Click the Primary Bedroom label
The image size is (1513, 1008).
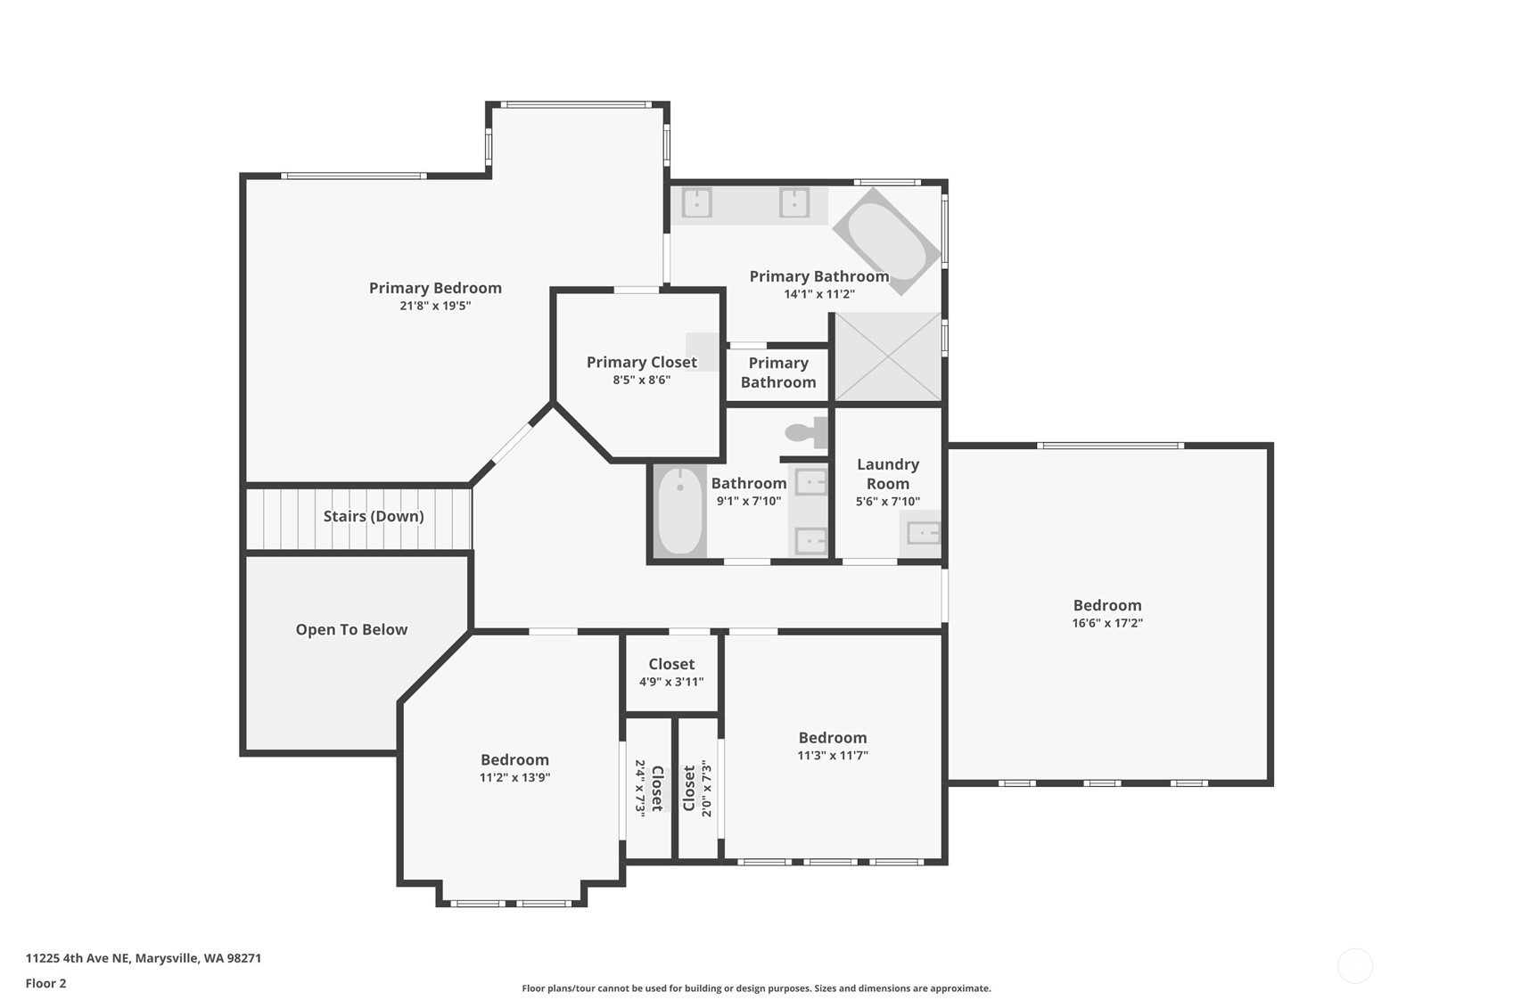point(435,288)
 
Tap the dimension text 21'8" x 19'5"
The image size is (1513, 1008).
point(435,306)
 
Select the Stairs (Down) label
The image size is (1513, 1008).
point(374,517)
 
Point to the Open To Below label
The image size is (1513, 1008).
point(351,630)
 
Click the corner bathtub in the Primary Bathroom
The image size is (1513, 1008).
point(886,242)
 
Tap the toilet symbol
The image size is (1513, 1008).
point(806,433)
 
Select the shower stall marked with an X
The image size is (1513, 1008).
point(888,356)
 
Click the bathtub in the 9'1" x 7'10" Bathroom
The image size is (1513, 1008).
point(680,511)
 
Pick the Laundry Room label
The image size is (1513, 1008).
point(887,474)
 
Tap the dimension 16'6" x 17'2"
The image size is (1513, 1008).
point(1107,623)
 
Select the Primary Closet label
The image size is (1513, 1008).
point(642,363)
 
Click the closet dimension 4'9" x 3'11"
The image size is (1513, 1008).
point(671,682)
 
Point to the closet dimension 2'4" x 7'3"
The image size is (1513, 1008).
point(639,788)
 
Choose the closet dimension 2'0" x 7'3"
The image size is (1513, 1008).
point(706,789)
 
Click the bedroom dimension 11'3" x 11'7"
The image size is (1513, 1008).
point(832,756)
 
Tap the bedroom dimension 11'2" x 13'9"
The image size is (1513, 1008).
point(514,778)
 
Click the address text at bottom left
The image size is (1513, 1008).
point(144,958)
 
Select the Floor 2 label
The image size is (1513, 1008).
point(46,984)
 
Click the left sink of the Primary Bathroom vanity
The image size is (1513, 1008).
point(696,202)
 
